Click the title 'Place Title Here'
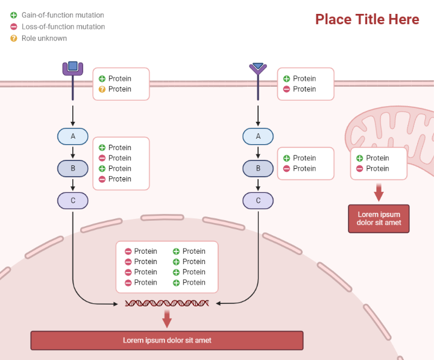coord(367,19)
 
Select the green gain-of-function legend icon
coord(14,15)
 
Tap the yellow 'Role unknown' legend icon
coord(14,38)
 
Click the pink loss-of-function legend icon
coord(14,27)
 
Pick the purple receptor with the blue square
coord(73,68)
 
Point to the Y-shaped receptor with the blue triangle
coord(258,69)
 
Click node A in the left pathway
coord(73,136)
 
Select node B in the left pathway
coord(73,168)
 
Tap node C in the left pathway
coord(73,200)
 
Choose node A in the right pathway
coord(258,136)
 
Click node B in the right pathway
coord(258,168)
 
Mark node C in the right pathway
coord(258,200)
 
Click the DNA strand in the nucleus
coord(167,303)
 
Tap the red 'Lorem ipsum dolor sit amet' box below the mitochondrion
coord(379,218)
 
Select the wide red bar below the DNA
coord(167,340)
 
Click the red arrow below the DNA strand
coord(167,319)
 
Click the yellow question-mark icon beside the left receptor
coord(102,89)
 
